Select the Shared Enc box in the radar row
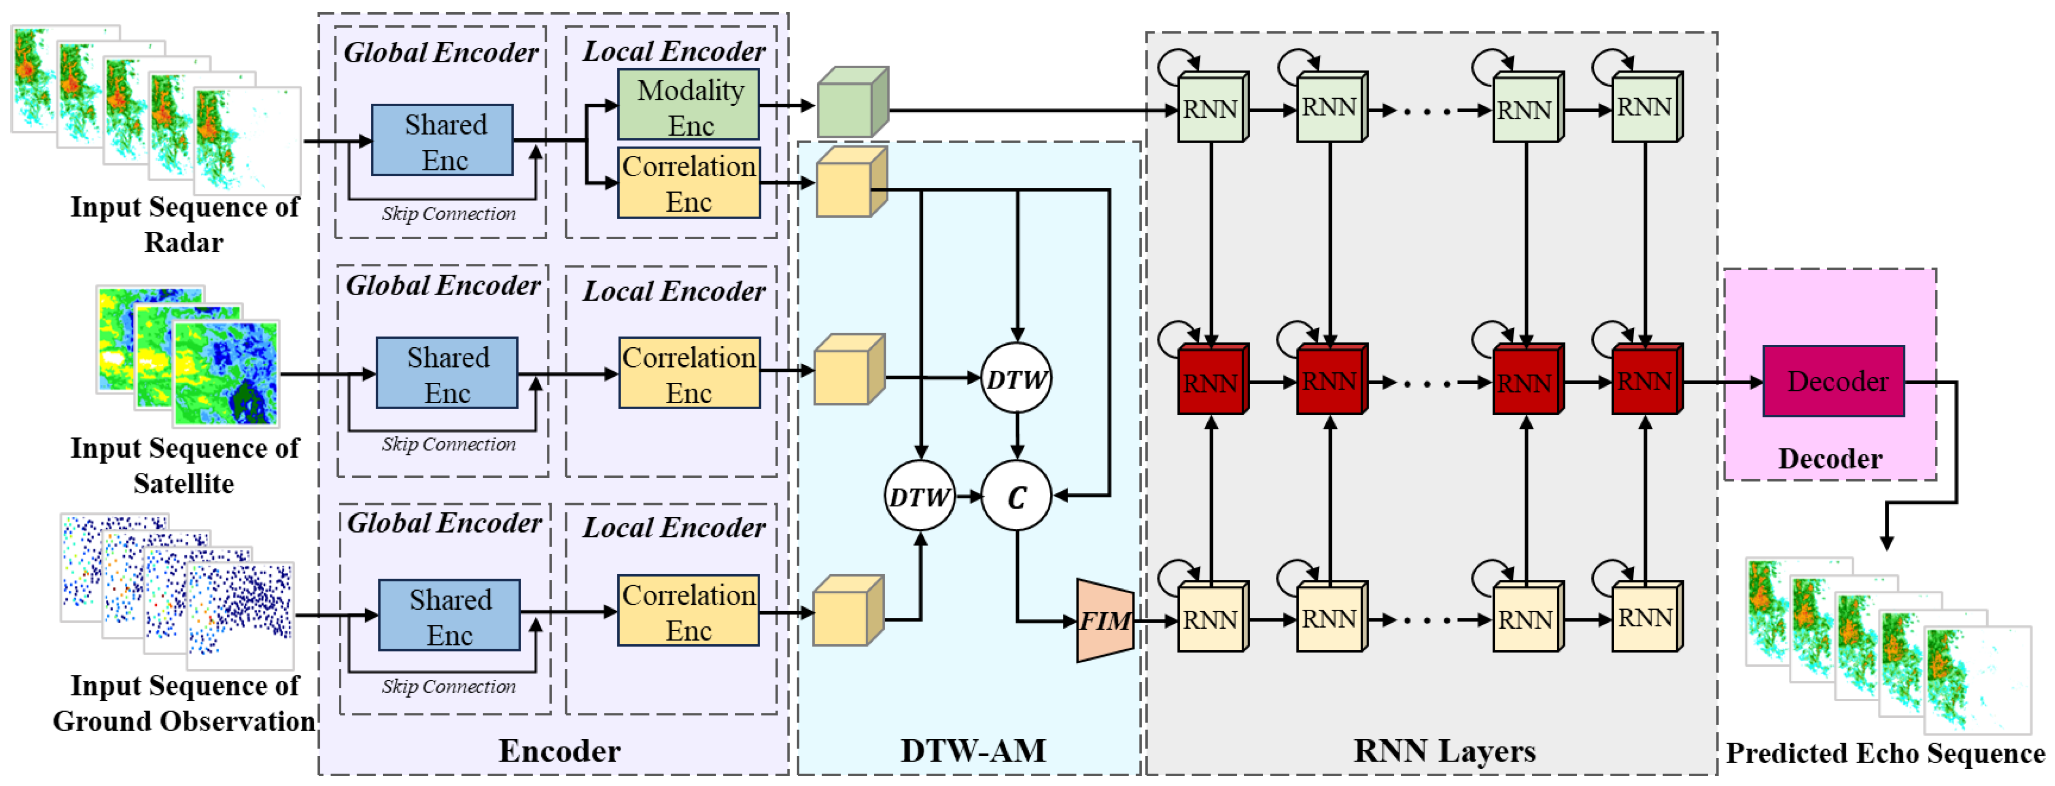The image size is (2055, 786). [443, 140]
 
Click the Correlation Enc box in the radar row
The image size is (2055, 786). [689, 183]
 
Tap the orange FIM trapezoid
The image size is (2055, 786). [1105, 620]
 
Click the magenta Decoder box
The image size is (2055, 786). [1833, 382]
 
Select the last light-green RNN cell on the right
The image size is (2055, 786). [1646, 108]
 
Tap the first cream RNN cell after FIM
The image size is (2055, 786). [1212, 618]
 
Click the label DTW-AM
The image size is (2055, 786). [973, 750]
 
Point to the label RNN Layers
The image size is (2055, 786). [1444, 750]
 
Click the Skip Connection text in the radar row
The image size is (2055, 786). [449, 214]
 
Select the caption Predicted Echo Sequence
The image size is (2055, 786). [1885, 752]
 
